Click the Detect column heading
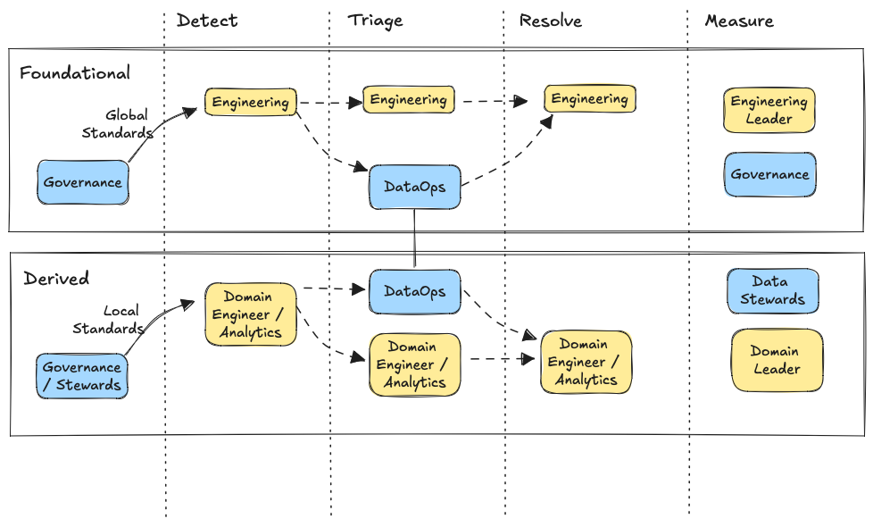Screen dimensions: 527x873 tap(207, 21)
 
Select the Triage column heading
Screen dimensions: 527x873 tap(375, 21)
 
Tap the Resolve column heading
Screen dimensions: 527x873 tap(550, 21)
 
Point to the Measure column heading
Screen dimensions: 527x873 tap(739, 21)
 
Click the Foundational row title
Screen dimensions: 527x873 tap(75, 73)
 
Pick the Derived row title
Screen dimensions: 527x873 tap(56, 279)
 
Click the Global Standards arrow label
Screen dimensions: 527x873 tap(119, 124)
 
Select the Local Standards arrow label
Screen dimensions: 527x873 tap(110, 320)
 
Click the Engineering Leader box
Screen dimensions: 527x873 tap(769, 110)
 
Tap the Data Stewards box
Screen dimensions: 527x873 tap(772, 291)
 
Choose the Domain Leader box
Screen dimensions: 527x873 tap(776, 360)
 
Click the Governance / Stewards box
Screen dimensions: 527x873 tap(82, 376)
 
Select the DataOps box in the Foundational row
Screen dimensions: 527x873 tap(415, 188)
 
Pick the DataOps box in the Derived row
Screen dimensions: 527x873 tap(414, 292)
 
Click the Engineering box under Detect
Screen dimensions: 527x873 tap(250, 102)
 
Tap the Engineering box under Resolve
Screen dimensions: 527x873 tap(589, 99)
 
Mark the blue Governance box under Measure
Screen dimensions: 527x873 tap(769, 175)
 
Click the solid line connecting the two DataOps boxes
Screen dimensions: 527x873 tap(415, 238)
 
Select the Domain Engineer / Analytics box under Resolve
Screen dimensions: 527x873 tap(586, 362)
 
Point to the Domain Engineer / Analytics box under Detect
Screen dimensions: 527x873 tap(250, 314)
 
